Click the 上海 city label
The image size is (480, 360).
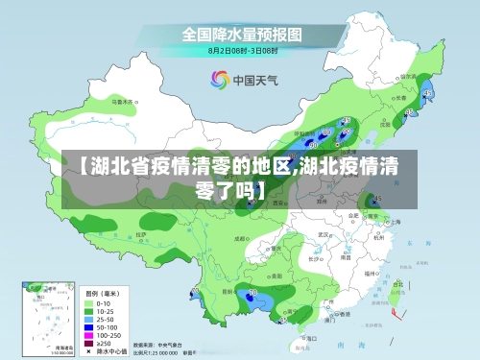pyautogui.click(x=396, y=221)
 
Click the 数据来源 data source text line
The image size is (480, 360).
pyautogui.click(x=158, y=344)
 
